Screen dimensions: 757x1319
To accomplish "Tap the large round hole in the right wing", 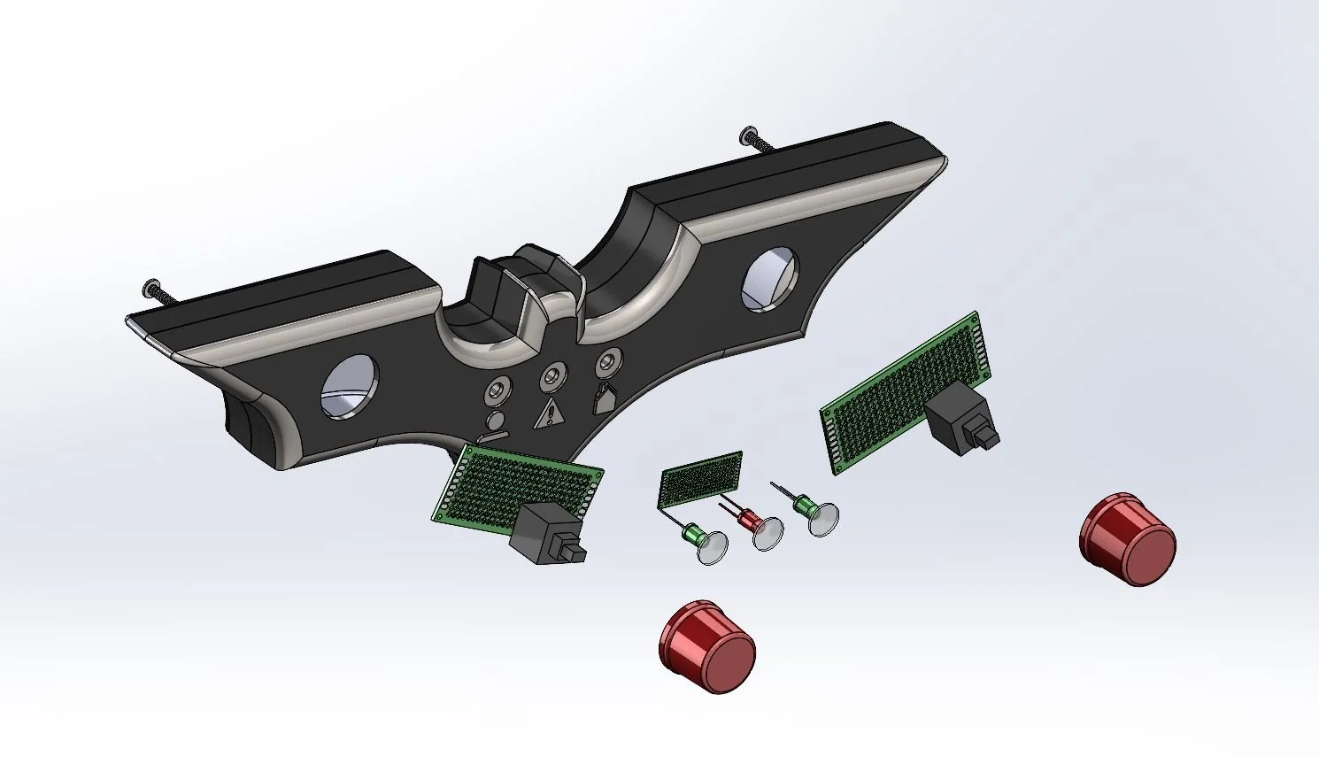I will tap(770, 279).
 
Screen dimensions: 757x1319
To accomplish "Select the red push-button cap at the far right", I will tap(1128, 539).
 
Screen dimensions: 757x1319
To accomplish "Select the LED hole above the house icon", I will tap(607, 362).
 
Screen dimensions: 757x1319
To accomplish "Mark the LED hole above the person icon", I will tap(498, 390).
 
